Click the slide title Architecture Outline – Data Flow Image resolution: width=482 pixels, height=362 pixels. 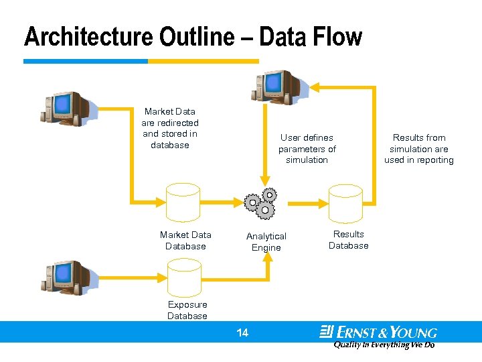pyautogui.click(x=193, y=37)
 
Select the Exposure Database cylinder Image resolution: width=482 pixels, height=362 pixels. pyautogui.click(x=183, y=276)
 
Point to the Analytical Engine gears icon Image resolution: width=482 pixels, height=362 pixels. pyautogui.click(x=260, y=203)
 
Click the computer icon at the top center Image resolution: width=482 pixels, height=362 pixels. pyautogui.click(x=275, y=86)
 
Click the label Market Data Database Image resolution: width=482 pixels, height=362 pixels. pyautogui.click(x=185, y=241)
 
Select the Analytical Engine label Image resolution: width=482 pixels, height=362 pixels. pyautogui.click(x=266, y=242)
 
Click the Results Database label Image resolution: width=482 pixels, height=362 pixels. pyautogui.click(x=348, y=240)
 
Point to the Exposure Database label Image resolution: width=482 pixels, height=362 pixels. pyautogui.click(x=187, y=310)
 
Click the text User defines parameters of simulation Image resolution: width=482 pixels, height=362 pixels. pyautogui.click(x=307, y=149)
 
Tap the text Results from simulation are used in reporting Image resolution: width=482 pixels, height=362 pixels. pyautogui.click(x=419, y=149)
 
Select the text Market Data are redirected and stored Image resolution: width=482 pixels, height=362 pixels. pyautogui.click(x=170, y=128)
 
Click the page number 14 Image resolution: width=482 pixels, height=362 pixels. pyautogui.click(x=242, y=333)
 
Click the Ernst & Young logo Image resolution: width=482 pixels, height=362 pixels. pyautogui.click(x=378, y=332)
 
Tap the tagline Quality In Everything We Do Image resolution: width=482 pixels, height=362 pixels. pyautogui.click(x=384, y=345)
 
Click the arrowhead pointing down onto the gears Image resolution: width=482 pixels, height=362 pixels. pyautogui.click(x=266, y=181)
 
